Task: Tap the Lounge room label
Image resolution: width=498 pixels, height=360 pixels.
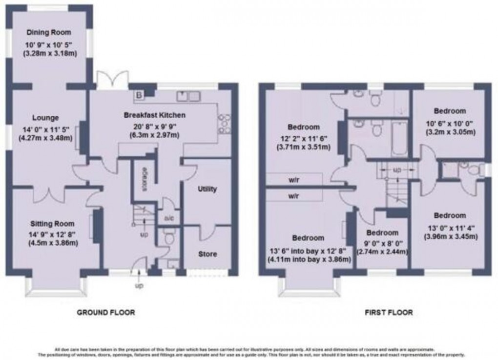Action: (45, 118)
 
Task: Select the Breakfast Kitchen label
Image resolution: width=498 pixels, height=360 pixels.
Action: (154, 115)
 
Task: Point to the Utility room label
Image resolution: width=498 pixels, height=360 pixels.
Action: (207, 189)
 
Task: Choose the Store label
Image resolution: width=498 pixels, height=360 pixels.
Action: (207, 254)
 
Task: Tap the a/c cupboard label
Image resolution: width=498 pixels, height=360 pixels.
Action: (169, 218)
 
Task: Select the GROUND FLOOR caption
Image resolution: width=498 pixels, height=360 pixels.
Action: (105, 312)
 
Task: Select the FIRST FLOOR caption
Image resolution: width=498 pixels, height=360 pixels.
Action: (388, 312)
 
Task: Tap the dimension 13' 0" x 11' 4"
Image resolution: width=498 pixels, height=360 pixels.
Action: (450, 227)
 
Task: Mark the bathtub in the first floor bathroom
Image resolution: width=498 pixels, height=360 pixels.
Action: (399, 138)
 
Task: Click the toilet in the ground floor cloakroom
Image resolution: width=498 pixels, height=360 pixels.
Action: (169, 238)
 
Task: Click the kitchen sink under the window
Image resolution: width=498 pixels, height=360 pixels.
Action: (188, 96)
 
